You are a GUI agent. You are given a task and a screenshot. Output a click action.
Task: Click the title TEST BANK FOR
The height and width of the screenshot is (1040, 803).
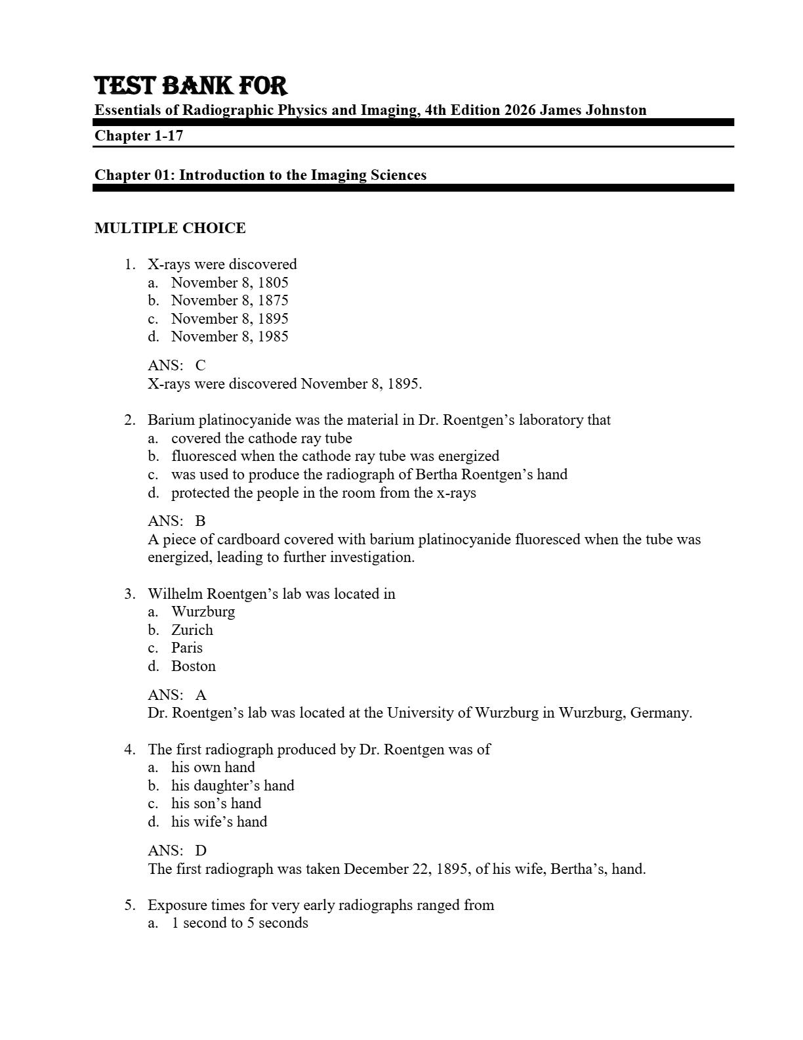(x=191, y=86)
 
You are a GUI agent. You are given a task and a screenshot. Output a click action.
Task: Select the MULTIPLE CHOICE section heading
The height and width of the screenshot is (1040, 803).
(x=170, y=228)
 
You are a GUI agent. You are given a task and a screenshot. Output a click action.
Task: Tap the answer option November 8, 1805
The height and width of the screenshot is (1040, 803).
(x=230, y=282)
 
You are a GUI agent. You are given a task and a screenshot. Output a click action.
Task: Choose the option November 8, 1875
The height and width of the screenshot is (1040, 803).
(x=230, y=300)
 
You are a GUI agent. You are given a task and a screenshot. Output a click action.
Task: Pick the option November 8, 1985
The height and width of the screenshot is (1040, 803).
(x=230, y=336)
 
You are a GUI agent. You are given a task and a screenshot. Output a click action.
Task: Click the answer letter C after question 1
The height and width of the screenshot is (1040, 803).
(x=200, y=365)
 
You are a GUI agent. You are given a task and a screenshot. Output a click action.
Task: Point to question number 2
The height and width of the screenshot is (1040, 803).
(x=130, y=420)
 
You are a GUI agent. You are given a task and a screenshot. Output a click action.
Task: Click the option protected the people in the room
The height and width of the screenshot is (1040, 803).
(x=323, y=492)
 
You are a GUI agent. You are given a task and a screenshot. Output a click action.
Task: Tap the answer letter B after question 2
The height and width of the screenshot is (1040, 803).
(x=200, y=521)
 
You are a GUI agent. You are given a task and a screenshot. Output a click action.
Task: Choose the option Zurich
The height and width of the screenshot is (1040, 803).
(x=192, y=630)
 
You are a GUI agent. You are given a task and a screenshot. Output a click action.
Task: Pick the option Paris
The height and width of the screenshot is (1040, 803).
(x=187, y=647)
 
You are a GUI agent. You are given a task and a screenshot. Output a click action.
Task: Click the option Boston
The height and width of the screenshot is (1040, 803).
(x=194, y=666)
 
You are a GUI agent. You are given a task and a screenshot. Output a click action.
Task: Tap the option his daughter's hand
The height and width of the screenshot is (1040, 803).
(x=233, y=785)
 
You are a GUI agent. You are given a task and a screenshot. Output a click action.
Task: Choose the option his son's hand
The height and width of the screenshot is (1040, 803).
(x=216, y=803)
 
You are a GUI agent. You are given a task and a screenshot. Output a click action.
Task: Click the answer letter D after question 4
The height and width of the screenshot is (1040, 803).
(x=200, y=851)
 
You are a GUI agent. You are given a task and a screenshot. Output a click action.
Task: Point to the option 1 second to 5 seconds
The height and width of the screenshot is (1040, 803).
(x=239, y=923)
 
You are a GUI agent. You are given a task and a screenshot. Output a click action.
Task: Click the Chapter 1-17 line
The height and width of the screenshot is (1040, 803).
(x=138, y=136)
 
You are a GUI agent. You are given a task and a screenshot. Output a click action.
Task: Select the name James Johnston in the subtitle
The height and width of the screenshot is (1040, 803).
(x=592, y=110)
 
